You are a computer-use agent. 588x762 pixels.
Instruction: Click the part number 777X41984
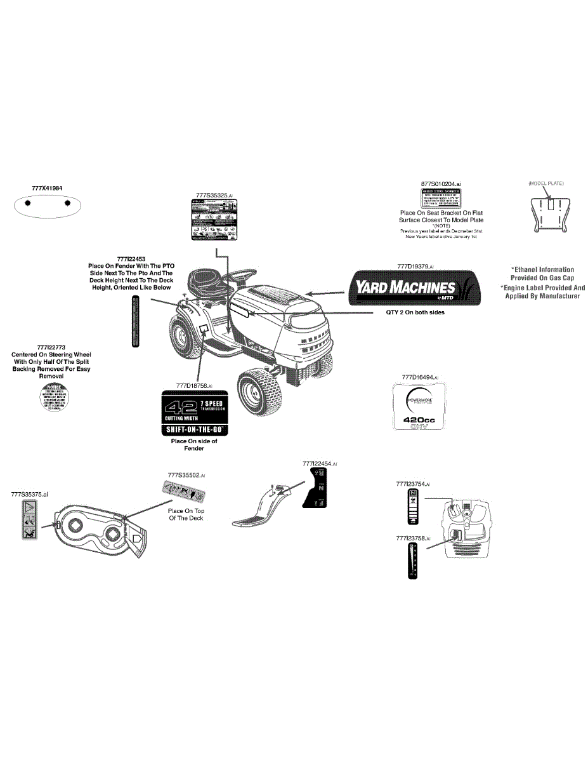click(48, 189)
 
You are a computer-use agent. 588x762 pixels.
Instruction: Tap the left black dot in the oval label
click(27, 203)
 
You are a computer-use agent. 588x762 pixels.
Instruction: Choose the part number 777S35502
click(186, 475)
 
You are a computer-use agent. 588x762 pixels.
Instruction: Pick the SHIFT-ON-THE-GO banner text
click(194, 430)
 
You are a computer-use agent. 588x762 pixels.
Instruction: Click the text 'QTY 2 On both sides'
click(415, 312)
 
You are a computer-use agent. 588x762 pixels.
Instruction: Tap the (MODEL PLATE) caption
click(546, 183)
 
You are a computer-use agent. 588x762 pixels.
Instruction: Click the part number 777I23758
click(413, 538)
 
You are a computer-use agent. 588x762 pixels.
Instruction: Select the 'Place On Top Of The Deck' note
click(186, 514)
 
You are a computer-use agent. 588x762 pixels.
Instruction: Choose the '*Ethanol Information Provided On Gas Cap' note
click(542, 274)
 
